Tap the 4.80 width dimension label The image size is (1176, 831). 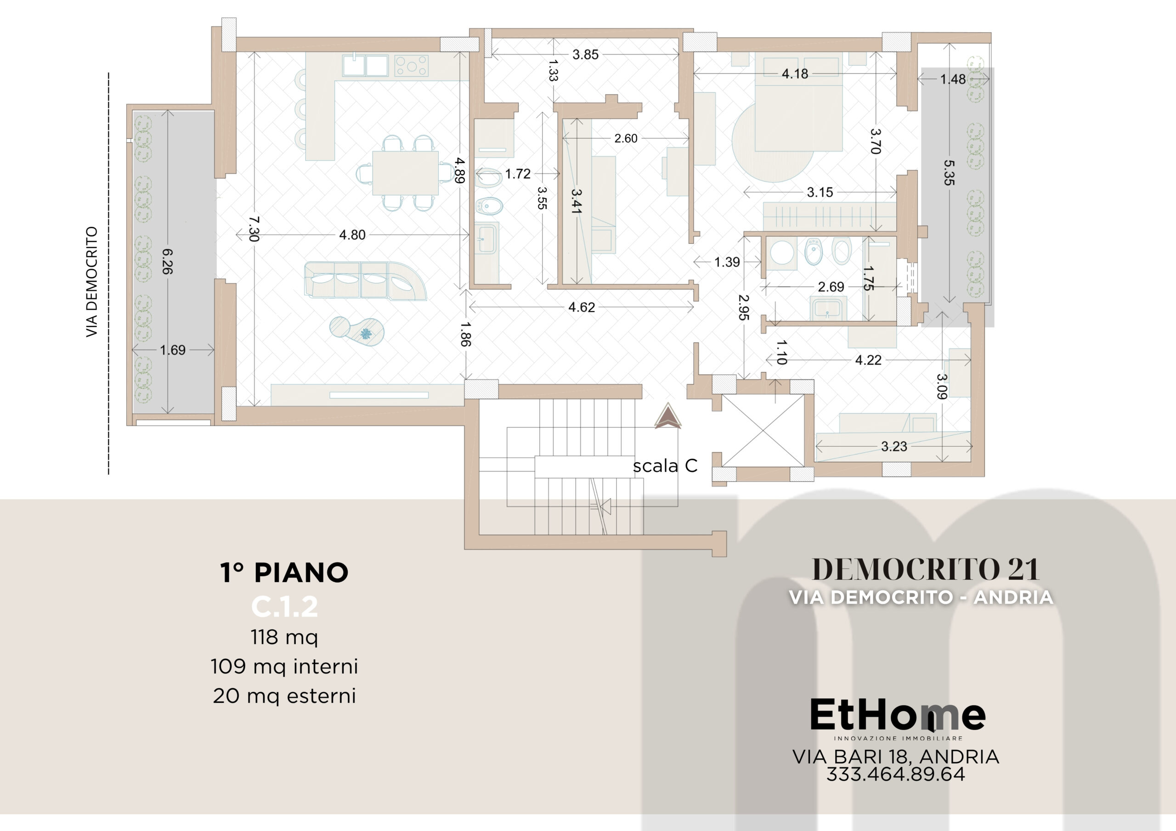(352, 235)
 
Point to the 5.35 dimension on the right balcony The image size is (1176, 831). (949, 173)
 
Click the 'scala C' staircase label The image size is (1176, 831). (665, 466)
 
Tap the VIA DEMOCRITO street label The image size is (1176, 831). (92, 281)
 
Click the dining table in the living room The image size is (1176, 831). (405, 173)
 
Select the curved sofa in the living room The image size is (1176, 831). (365, 281)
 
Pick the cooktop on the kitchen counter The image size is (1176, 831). (411, 66)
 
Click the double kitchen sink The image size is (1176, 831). (366, 66)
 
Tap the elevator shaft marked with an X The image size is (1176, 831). (763, 431)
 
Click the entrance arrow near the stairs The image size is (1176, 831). (668, 416)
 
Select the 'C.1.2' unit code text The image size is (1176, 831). (285, 607)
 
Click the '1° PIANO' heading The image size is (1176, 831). (284, 573)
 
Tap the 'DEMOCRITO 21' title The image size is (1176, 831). (925, 569)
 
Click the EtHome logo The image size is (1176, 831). (897, 719)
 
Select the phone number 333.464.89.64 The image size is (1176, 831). (896, 774)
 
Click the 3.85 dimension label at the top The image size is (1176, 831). (585, 54)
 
